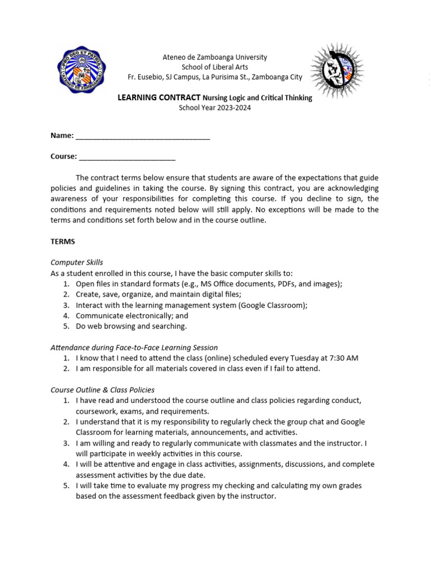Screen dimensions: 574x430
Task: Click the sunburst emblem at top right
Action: [x=337, y=71]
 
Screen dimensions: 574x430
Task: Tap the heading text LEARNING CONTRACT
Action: [x=158, y=98]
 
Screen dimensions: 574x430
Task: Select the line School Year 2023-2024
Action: [x=214, y=108]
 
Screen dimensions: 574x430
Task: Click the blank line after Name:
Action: [x=143, y=136]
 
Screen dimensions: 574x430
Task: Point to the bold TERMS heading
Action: [x=63, y=242]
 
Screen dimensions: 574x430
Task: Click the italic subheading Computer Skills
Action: [x=77, y=262]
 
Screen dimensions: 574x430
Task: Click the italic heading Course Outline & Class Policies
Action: [x=102, y=390]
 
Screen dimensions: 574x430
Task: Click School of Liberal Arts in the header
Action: [x=214, y=67]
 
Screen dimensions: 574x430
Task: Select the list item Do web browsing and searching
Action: [x=131, y=326]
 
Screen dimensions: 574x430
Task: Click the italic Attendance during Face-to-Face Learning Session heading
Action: [x=134, y=348]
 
